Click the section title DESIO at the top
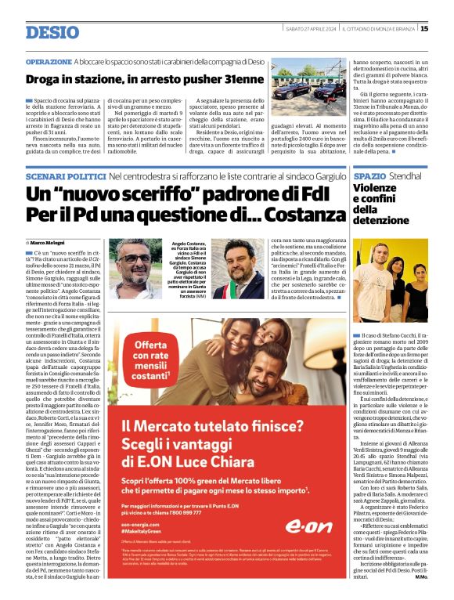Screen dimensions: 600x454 click(x=52, y=32)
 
